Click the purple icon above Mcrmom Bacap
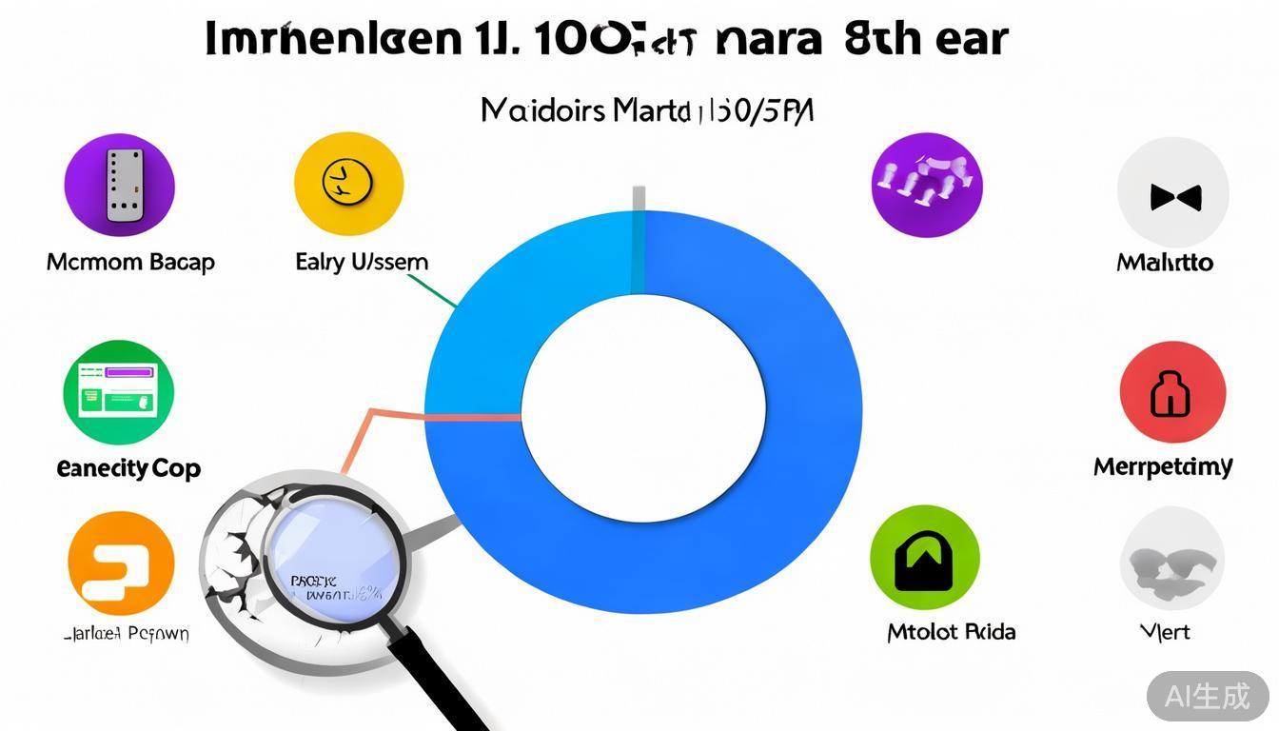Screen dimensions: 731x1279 (119, 185)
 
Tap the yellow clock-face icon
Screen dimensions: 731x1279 (349, 184)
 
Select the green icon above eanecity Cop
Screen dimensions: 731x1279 (119, 392)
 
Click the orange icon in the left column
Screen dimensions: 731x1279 (121, 563)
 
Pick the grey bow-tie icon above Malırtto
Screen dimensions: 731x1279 (1173, 193)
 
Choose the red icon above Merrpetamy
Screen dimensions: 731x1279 (1172, 393)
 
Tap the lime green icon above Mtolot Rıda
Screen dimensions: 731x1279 (924, 558)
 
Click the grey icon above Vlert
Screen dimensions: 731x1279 (1171, 559)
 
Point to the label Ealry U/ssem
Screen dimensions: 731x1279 (362, 262)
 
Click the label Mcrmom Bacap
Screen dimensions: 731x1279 (130, 262)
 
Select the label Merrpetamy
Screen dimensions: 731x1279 (1163, 466)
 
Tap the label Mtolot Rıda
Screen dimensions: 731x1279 (951, 632)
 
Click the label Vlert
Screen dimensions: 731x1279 (1165, 632)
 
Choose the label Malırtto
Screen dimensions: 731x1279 (1165, 262)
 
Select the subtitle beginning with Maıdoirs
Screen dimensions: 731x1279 (647, 110)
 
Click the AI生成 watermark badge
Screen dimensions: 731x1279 (1208, 696)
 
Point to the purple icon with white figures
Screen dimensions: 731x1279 (926, 184)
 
